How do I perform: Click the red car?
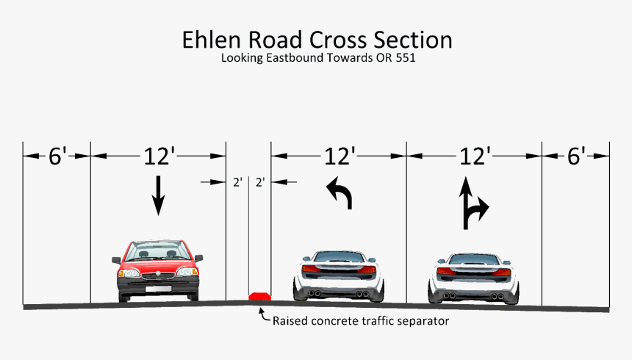coord(157,270)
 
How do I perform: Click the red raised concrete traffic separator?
coord(259,296)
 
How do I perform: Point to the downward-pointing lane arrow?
coord(158,195)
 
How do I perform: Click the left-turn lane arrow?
coord(340,193)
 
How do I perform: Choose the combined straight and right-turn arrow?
coord(472,204)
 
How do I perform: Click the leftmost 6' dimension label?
coord(57,156)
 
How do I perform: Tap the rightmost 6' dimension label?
coord(576,156)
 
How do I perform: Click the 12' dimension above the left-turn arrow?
coord(340,156)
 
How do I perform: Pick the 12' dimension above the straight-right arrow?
coord(474,156)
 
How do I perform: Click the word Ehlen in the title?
coord(209,40)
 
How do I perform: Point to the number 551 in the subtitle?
coord(405,57)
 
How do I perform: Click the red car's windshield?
coord(157,252)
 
